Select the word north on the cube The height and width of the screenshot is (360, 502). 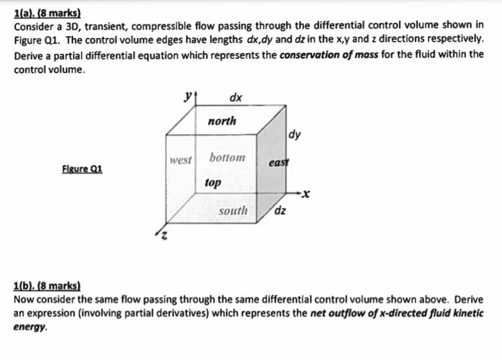pos(222,121)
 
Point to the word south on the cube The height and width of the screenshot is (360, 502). pos(233,211)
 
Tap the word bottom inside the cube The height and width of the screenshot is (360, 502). pos(227,157)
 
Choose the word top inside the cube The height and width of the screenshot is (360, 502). pos(213,183)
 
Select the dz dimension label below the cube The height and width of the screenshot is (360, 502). pos(281,211)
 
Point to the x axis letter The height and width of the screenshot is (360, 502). pos(308,194)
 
